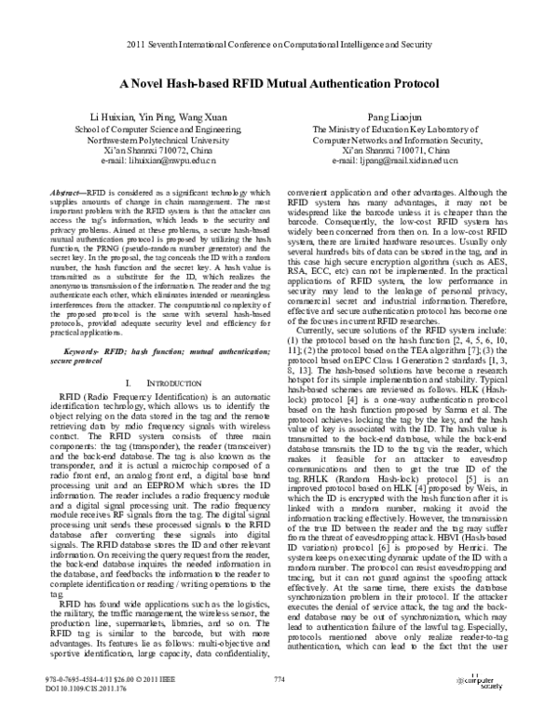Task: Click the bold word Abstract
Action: (70, 189)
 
